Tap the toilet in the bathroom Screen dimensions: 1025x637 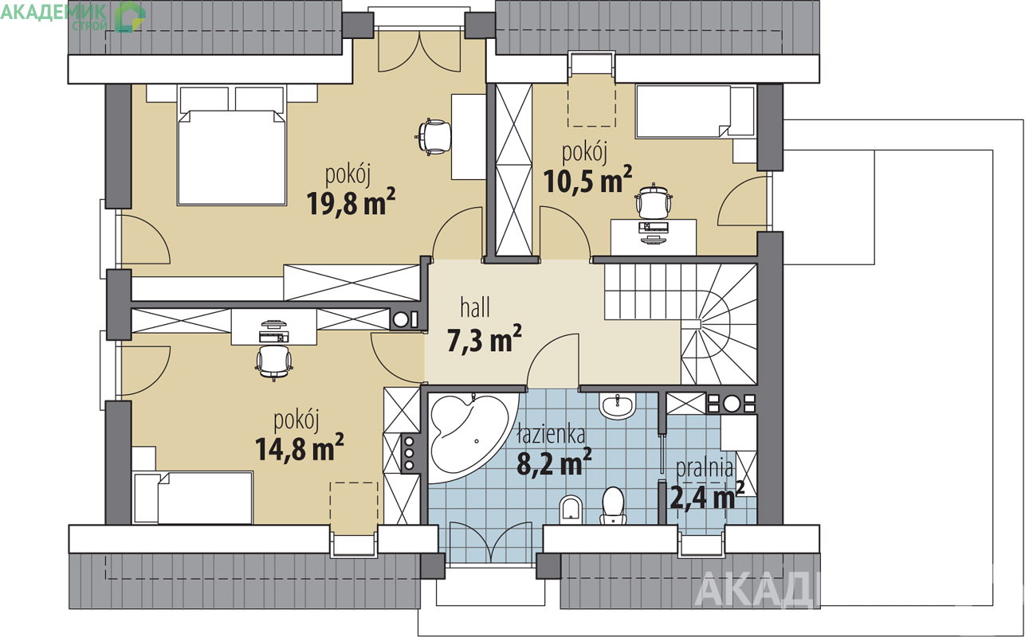[x=613, y=506]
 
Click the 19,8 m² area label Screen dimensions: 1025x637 [x=351, y=202]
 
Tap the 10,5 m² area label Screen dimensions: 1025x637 [x=588, y=179]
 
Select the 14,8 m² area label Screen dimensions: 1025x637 [x=299, y=447]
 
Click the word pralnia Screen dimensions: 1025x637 [x=705, y=468]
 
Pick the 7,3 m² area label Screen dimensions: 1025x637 [x=484, y=339]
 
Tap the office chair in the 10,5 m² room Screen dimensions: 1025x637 [x=654, y=201]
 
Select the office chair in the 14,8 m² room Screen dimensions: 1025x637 [x=273, y=362]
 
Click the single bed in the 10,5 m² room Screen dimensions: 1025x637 [x=694, y=111]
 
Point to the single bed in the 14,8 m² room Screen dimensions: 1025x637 [x=193, y=498]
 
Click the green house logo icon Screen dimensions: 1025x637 [x=129, y=17]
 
